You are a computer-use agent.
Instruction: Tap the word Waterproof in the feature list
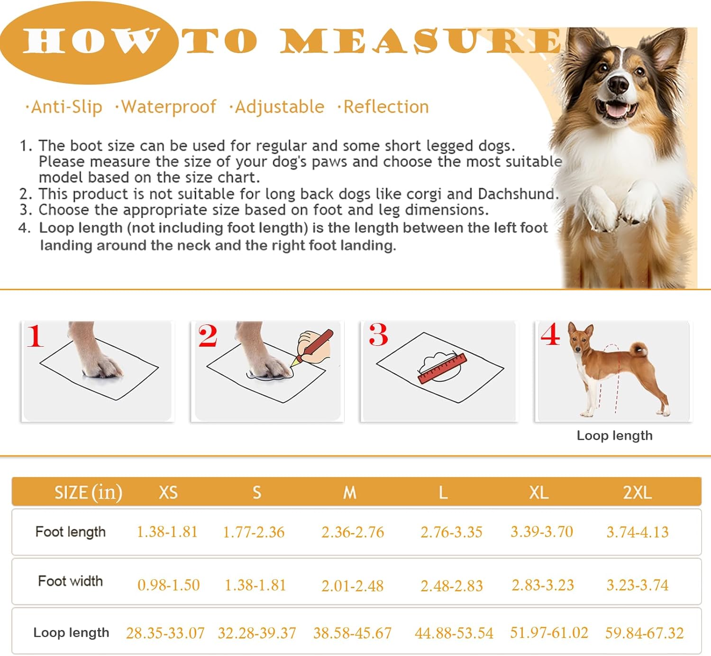click(168, 107)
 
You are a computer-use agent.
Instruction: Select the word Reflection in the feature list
click(386, 107)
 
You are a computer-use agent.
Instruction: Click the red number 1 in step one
click(35, 336)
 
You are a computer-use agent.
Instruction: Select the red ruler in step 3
click(442, 369)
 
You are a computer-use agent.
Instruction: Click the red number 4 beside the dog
click(550, 334)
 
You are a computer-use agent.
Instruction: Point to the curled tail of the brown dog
click(639, 349)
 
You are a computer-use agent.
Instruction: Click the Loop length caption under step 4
click(614, 435)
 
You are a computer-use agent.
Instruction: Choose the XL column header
click(538, 492)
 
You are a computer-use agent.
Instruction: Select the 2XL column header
click(637, 492)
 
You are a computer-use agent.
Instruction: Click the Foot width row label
click(70, 581)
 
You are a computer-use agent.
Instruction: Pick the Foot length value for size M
click(353, 532)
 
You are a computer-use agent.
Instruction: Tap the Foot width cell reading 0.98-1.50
click(168, 585)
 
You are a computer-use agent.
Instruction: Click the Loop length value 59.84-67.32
click(644, 633)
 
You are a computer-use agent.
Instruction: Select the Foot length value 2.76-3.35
click(451, 532)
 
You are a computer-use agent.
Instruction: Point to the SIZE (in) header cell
click(88, 492)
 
